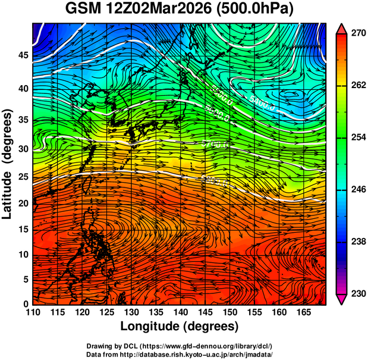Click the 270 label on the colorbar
357,34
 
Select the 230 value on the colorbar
357,293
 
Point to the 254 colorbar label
357,137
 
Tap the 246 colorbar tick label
357,189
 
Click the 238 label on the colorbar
357,241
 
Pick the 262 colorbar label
357,86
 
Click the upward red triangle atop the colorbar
342,29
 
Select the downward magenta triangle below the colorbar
342,299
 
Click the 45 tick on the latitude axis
22,55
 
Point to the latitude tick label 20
22,203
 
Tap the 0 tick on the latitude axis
25,304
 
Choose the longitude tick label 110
33,312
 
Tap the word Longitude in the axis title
150,326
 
